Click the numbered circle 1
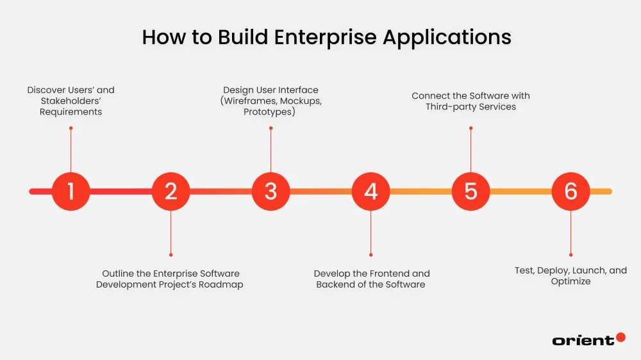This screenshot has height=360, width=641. click(71, 191)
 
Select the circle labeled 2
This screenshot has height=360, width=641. click(171, 191)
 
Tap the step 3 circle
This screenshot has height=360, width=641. click(271, 191)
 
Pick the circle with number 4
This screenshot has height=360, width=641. click(370, 191)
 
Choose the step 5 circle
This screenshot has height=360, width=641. click(470, 191)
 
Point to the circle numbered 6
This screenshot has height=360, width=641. click(570, 191)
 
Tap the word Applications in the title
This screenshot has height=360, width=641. click(447, 37)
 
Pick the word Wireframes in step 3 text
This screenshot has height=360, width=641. click(253, 101)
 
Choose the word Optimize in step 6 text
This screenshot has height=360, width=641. click(570, 281)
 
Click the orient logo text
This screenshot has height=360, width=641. click(583, 341)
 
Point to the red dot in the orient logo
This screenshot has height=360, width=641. click(620, 337)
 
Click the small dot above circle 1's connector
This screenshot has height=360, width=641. click(71, 128)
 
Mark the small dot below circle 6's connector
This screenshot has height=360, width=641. click(570, 254)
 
